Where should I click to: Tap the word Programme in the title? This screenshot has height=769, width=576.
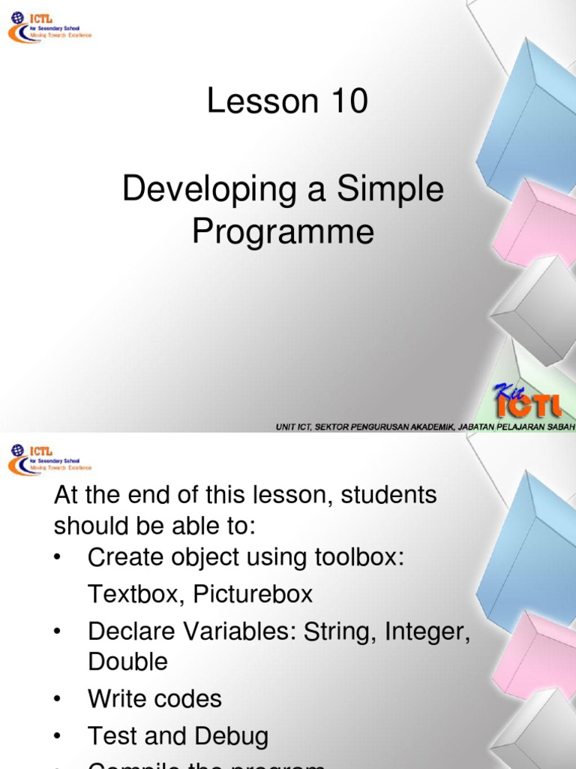tap(283, 232)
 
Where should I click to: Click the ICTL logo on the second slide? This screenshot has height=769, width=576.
tap(49, 459)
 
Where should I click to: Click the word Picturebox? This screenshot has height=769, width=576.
tap(253, 595)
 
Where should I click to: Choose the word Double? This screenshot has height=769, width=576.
tap(127, 662)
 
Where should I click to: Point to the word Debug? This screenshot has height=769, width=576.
tap(233, 736)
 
